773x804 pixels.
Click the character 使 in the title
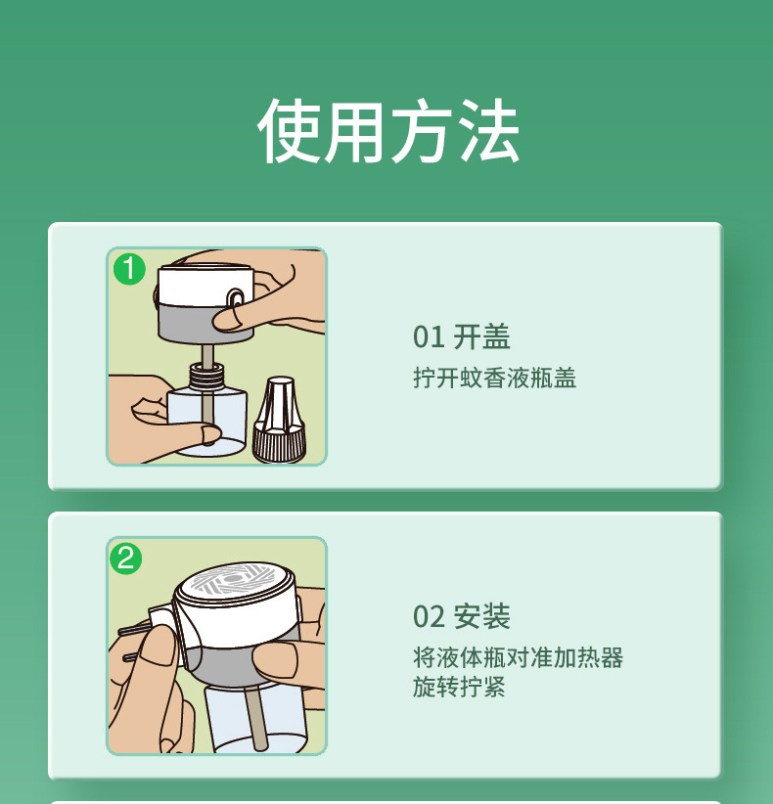coord(291,131)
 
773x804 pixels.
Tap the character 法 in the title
coord(486,131)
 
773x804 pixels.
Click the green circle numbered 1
coord(129,268)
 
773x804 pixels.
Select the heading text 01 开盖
coord(461,337)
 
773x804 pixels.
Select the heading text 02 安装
coord(461,617)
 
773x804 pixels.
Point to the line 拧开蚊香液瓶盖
coord(494,379)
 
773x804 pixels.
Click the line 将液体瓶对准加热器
coord(518,657)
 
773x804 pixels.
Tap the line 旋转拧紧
coord(459,688)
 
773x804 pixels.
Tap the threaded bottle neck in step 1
coord(205,376)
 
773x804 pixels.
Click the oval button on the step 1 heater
coord(236,300)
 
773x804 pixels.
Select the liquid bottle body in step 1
coord(208,421)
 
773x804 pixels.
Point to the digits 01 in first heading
coord(429,337)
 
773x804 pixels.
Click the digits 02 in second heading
coord(429,617)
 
